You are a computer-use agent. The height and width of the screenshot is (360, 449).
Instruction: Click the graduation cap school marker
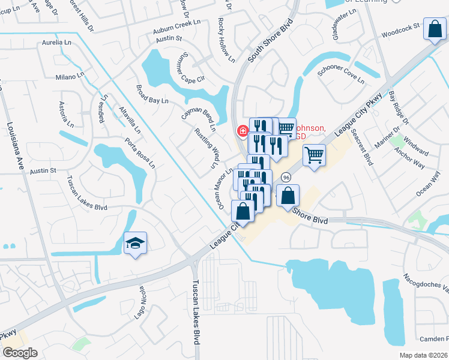tap(135, 243)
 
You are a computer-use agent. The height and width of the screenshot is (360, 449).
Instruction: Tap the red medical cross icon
tap(243, 130)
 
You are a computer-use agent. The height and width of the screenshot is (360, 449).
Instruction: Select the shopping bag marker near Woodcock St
tap(434, 29)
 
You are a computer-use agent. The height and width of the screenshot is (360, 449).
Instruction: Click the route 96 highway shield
tap(286, 178)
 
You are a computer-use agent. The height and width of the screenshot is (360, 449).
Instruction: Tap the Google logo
tap(20, 353)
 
